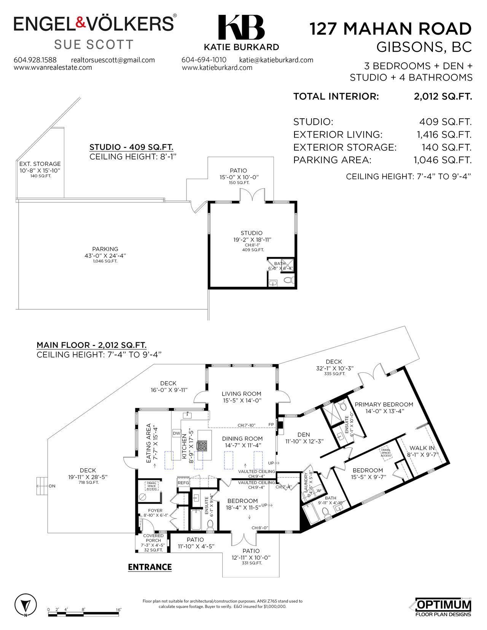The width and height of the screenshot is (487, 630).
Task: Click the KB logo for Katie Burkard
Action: [x=241, y=28]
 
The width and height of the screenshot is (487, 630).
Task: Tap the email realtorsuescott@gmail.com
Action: [x=113, y=60]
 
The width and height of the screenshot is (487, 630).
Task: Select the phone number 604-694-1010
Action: [x=204, y=60]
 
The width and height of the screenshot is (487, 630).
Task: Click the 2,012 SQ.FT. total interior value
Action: [x=442, y=97]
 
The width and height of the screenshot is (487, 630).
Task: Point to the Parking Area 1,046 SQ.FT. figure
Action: [x=442, y=160]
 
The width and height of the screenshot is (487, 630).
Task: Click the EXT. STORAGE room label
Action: [x=40, y=164]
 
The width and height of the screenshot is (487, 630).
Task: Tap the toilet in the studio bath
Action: [x=288, y=281]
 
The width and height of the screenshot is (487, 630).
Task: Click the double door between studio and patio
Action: [x=252, y=195]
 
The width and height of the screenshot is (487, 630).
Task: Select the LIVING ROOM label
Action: [x=242, y=394]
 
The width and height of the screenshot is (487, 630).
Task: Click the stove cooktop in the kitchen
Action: [x=201, y=445]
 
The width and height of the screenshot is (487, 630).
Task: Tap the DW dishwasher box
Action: [x=177, y=433]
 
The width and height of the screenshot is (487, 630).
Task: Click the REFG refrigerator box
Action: [x=183, y=483]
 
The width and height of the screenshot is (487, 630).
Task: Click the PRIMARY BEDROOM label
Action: [x=384, y=405]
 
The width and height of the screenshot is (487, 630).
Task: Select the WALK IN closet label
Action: [x=422, y=448]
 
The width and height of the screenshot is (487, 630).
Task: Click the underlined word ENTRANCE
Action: [x=150, y=567]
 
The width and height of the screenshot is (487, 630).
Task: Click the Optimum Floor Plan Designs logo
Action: [x=443, y=607]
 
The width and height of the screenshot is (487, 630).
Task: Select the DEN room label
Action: [x=304, y=434]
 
